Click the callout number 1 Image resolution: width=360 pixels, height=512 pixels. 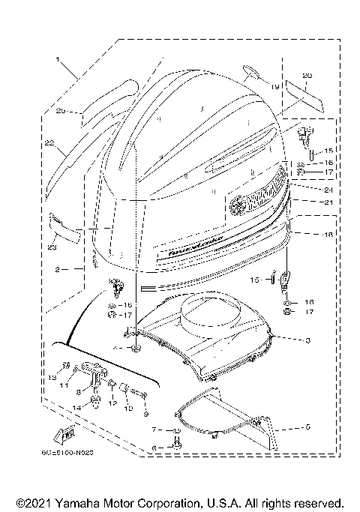tap(56, 58)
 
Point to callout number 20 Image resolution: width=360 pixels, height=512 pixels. tap(306, 76)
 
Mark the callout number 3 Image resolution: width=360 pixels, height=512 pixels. tap(307, 340)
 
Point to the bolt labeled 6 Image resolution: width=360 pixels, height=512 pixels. tap(177, 444)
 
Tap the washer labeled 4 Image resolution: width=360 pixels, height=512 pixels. tap(136, 349)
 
